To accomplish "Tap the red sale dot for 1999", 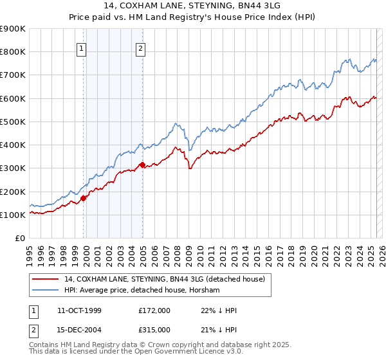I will (x=84, y=198).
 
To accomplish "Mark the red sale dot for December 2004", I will (x=142, y=165).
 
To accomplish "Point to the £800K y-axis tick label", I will (x=12, y=52).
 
